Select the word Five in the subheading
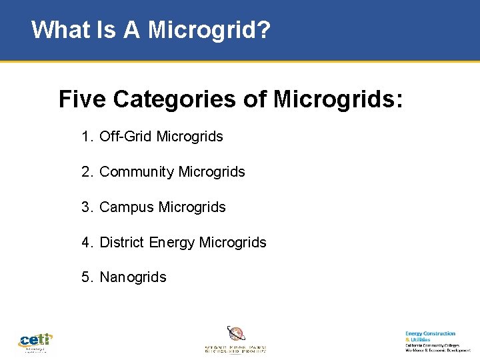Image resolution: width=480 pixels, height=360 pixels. pos(83,99)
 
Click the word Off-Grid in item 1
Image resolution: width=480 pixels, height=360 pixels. pos(126,137)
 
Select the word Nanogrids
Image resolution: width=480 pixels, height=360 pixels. pos(133,277)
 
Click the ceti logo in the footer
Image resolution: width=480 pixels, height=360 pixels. pos(35,342)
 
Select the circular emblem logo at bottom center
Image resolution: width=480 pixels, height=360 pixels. pos(235,333)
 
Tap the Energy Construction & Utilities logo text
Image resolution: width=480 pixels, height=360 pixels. pos(431,336)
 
